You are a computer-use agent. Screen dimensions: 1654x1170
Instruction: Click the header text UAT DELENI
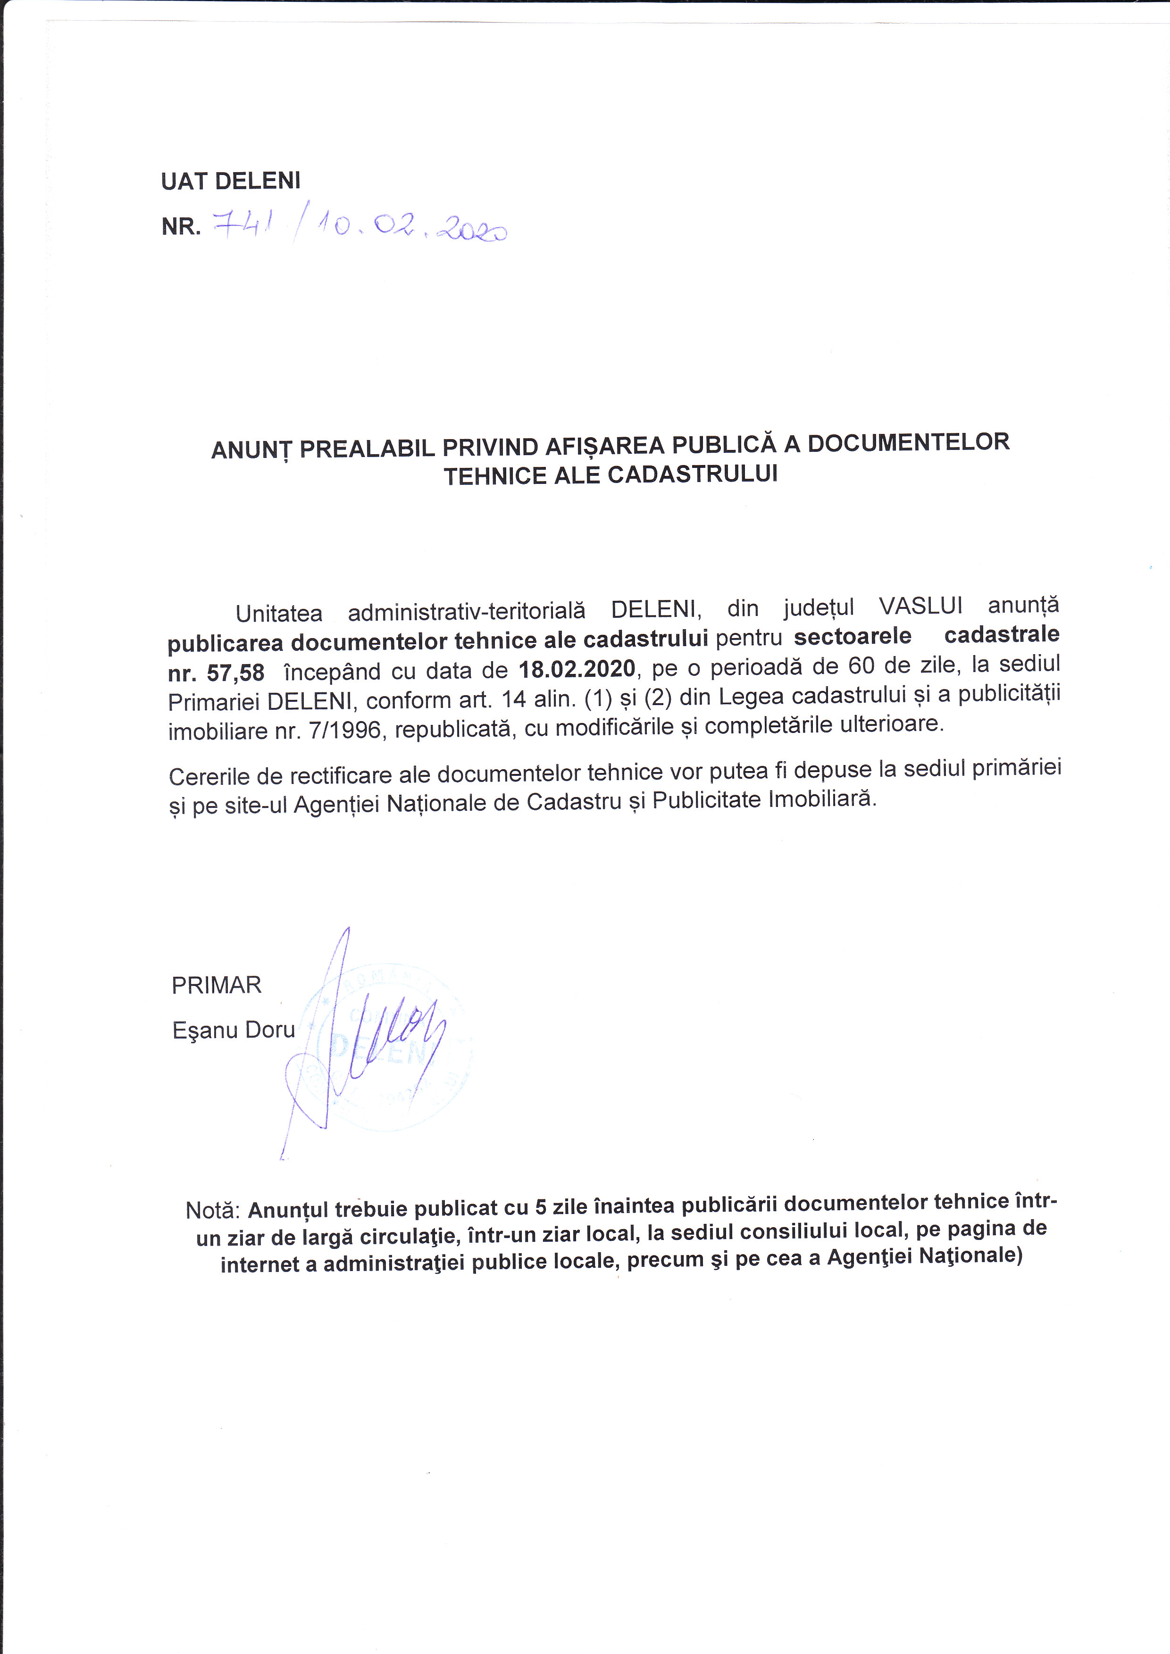(x=231, y=181)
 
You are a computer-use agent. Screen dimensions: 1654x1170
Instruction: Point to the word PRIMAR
(x=216, y=985)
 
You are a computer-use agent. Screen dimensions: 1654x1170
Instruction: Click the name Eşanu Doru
(x=234, y=1030)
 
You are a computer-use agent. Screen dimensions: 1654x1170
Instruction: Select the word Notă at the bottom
(x=212, y=1210)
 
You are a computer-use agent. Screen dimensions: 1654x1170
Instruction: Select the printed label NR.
(x=181, y=227)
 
